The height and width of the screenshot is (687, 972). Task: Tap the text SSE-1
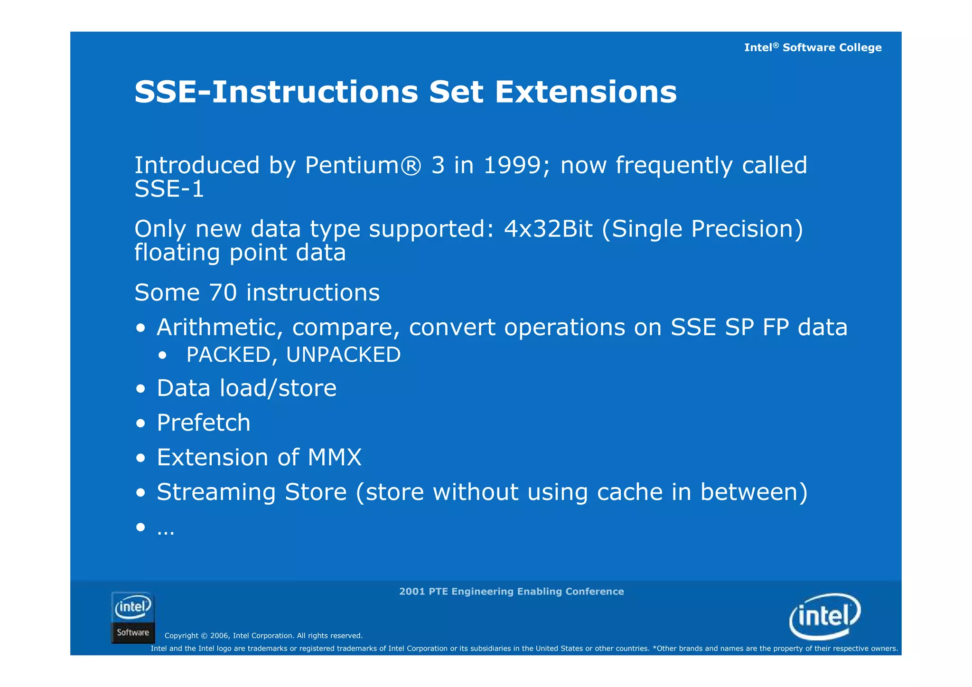tap(169, 189)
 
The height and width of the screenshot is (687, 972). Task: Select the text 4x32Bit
tap(548, 229)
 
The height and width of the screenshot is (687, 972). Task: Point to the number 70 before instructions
tap(223, 292)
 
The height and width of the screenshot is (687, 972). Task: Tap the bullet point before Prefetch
tap(140, 423)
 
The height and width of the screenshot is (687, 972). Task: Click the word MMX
tap(335, 457)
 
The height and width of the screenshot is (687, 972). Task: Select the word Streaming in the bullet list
tap(216, 492)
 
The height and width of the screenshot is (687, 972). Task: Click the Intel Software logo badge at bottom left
tap(133, 618)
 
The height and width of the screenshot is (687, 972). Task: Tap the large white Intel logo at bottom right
tap(825, 616)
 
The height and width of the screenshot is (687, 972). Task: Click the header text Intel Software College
tap(813, 47)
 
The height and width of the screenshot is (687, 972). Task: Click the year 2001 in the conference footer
tap(411, 592)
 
